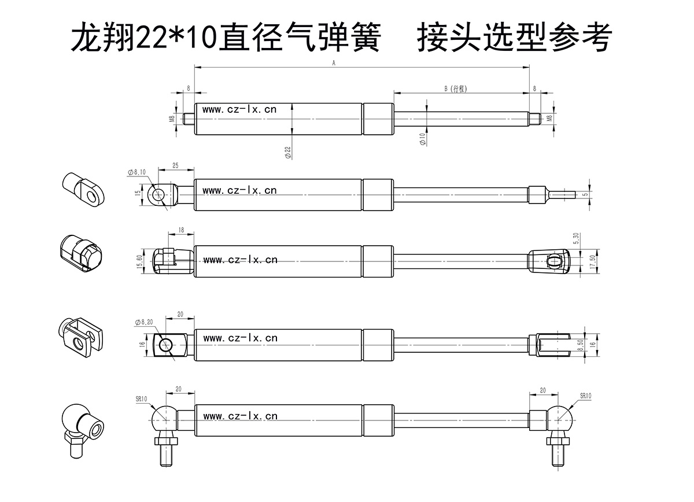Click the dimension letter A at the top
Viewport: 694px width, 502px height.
click(334, 64)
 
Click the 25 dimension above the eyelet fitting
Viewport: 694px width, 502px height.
click(175, 166)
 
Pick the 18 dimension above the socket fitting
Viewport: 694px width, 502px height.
click(181, 230)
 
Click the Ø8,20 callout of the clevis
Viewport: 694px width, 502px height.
click(143, 322)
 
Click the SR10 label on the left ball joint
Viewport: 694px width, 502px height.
click(142, 399)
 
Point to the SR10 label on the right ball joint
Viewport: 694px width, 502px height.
click(585, 396)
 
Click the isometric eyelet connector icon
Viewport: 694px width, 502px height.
click(83, 189)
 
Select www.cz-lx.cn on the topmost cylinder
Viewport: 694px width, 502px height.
click(239, 109)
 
